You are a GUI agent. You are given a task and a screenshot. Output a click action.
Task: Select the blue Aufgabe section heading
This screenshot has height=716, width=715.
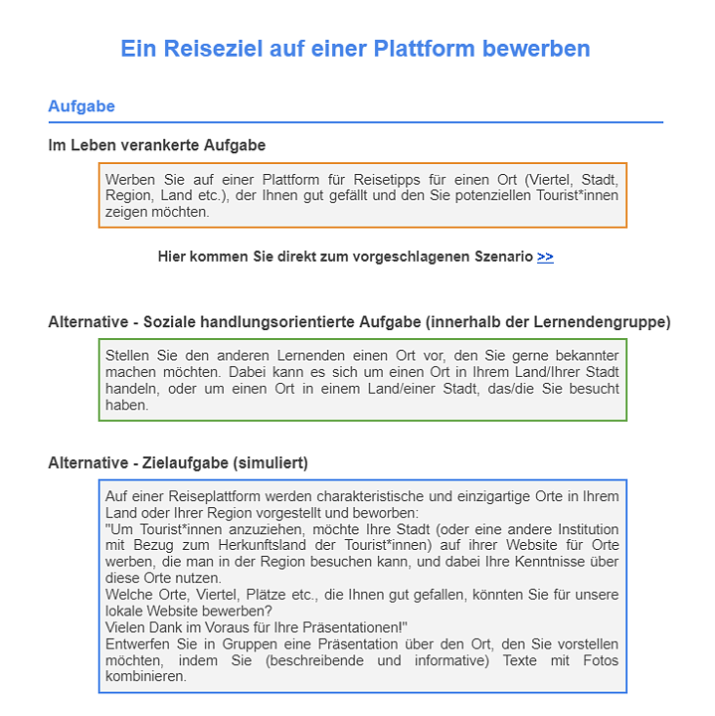coord(82,106)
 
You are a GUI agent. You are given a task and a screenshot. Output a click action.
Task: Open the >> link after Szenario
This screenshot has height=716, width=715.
coord(545,257)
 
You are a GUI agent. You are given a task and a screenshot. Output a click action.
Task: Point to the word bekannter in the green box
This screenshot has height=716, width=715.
coord(586,356)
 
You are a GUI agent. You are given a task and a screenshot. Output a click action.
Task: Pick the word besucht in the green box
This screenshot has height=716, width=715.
coord(593,389)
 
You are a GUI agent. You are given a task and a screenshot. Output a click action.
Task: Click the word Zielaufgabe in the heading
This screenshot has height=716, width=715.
coord(180,463)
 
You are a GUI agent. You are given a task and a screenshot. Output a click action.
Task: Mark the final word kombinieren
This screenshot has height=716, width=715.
coord(145,676)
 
